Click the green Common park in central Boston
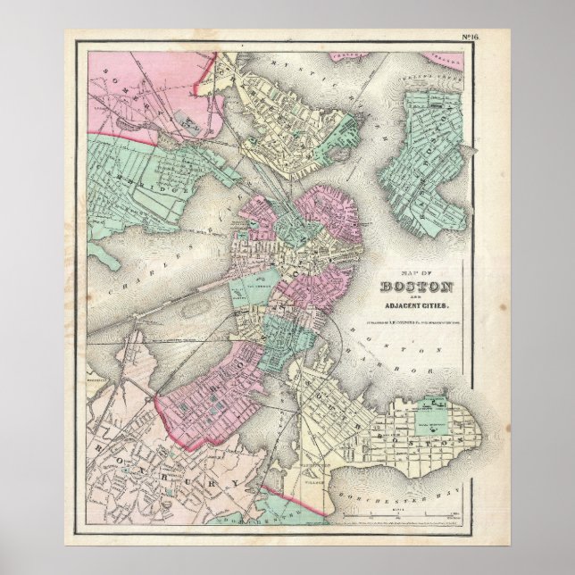pyautogui.click(x=252, y=290)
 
